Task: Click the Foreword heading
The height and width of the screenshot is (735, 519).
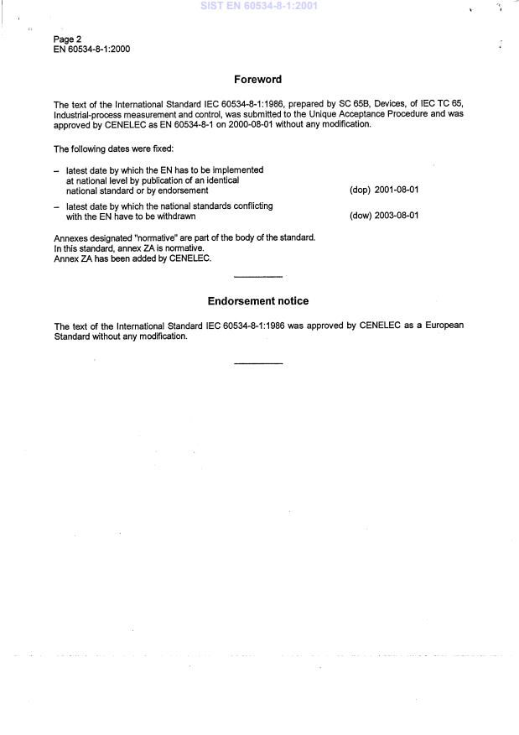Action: [257, 80]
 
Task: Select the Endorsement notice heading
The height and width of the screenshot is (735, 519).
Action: [257, 301]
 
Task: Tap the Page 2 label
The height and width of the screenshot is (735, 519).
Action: [67, 39]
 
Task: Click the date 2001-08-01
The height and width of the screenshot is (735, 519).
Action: [397, 190]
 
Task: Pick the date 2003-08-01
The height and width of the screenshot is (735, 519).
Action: [397, 216]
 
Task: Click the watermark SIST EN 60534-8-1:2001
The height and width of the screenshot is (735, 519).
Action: [259, 6]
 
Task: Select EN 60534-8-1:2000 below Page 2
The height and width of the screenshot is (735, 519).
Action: [91, 49]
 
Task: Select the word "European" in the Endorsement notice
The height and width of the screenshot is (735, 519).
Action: [444, 326]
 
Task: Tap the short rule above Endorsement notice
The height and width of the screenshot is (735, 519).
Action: [258, 277]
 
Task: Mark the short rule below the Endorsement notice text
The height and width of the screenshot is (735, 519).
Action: [258, 363]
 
